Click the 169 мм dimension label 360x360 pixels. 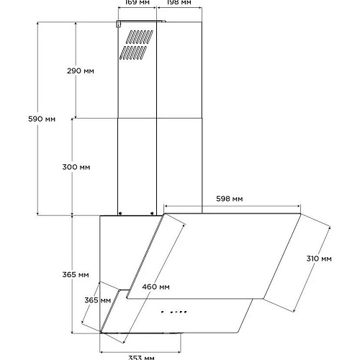point(138,2)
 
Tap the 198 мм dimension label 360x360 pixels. point(179,2)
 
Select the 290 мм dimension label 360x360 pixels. point(81,71)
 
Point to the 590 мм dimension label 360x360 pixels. point(42,119)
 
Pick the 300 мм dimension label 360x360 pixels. point(76,167)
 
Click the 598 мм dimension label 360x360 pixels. point(230,199)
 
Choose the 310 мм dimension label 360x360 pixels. point(319,258)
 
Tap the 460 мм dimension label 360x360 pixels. point(156,287)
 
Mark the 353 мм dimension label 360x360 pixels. point(141,358)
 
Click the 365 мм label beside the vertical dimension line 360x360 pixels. point(76,274)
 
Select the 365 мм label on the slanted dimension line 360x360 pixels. point(97,300)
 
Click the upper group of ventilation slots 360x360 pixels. point(140,37)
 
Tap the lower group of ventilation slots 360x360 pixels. point(133,53)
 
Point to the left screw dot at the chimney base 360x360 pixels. point(120,213)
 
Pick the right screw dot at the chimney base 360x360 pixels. point(152,213)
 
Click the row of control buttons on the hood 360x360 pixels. point(174,312)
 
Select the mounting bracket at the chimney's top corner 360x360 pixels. point(119,24)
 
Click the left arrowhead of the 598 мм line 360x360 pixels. point(166,206)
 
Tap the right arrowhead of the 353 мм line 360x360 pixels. point(179,352)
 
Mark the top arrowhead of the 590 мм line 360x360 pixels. point(37,24)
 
